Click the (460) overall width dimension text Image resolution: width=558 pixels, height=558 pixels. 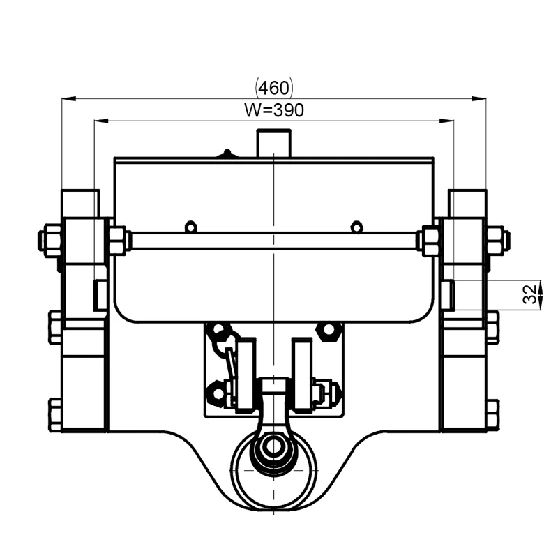coord(275,88)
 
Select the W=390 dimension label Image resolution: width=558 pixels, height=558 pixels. coord(275,110)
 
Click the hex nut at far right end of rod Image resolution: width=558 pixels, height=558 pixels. coord(496,240)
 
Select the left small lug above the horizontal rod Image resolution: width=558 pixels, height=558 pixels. coord(189,226)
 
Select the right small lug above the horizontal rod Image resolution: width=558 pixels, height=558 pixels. coord(356,226)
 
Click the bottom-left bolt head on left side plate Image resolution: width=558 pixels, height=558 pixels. coord(55,414)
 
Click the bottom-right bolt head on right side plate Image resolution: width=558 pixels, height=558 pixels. coord(492,414)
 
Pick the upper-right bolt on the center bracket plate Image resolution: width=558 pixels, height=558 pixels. coord(327,330)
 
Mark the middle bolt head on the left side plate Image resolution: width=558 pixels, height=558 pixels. coord(55,327)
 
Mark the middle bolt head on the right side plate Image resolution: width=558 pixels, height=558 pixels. coord(492,327)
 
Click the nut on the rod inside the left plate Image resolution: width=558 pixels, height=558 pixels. coord(117,240)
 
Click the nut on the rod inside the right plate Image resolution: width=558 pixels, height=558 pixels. coord(430,240)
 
